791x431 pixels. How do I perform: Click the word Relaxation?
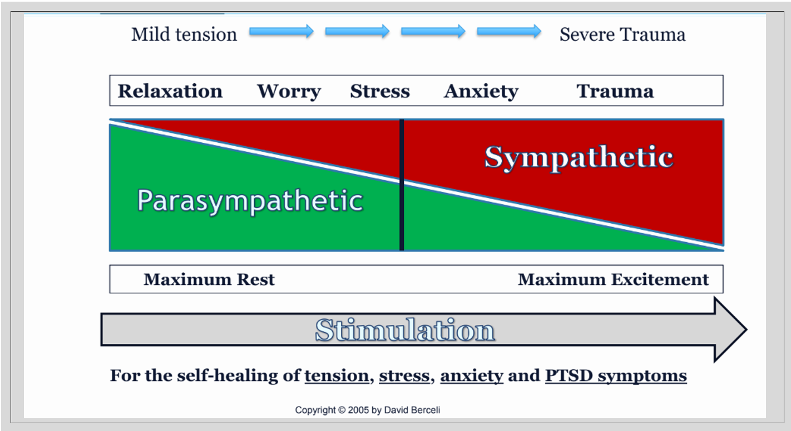[170, 91]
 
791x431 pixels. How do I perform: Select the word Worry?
[289, 91]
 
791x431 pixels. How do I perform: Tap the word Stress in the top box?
[379, 91]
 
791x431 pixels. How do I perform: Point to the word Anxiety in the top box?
[481, 91]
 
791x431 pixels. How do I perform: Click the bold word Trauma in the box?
[615, 91]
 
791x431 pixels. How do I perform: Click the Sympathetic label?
[579, 157]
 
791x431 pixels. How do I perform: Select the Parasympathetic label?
[250, 201]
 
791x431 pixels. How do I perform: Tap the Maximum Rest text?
[209, 279]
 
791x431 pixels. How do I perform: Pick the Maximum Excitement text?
[613, 279]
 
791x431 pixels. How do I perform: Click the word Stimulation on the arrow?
[404, 330]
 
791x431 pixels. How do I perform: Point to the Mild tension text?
[184, 34]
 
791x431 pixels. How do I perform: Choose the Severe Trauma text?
[622, 34]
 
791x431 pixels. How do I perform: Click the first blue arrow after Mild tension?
[281, 32]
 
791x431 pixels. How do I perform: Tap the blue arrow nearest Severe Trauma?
[508, 32]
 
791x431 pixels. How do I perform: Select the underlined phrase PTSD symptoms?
[615, 376]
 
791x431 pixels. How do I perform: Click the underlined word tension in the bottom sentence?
[337, 376]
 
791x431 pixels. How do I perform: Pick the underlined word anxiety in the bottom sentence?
[471, 376]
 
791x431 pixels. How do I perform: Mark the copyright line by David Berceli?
[367, 410]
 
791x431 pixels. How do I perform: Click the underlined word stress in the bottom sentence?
[404, 376]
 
